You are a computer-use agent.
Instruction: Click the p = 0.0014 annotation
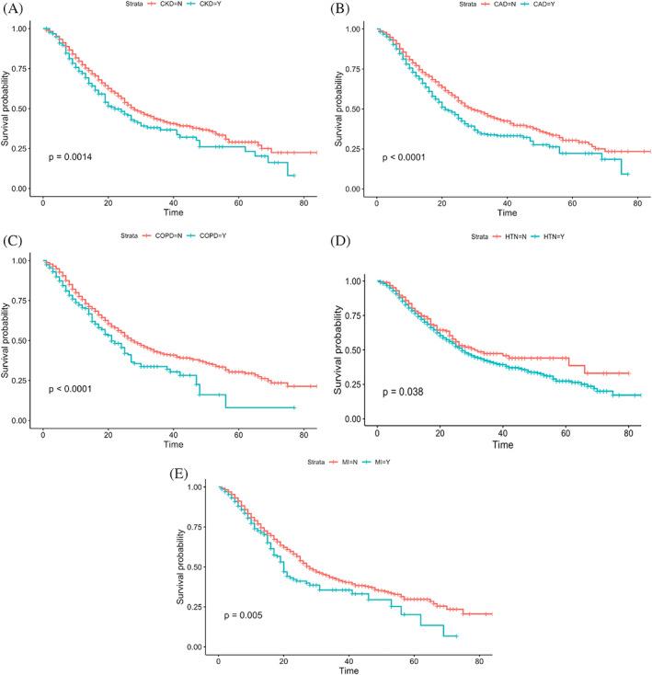click(73, 157)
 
